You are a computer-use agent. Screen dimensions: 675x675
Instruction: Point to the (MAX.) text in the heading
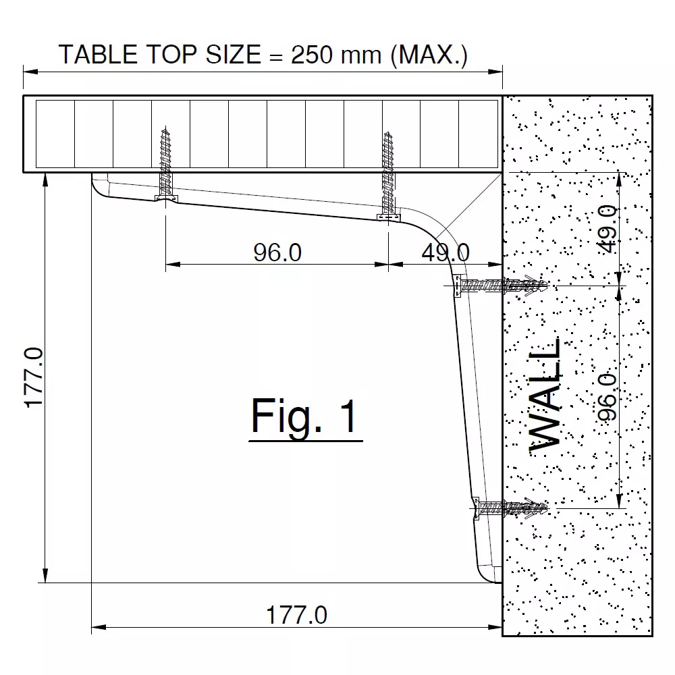click(429, 55)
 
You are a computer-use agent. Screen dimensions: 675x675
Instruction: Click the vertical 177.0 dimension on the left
click(34, 377)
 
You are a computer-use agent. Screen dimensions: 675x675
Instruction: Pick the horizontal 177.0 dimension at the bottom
click(297, 615)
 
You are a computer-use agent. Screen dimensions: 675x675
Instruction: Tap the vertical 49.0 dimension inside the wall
click(608, 229)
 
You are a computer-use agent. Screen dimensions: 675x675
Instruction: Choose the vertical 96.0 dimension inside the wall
click(608, 396)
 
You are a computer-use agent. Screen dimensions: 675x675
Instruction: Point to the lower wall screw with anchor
click(510, 506)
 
